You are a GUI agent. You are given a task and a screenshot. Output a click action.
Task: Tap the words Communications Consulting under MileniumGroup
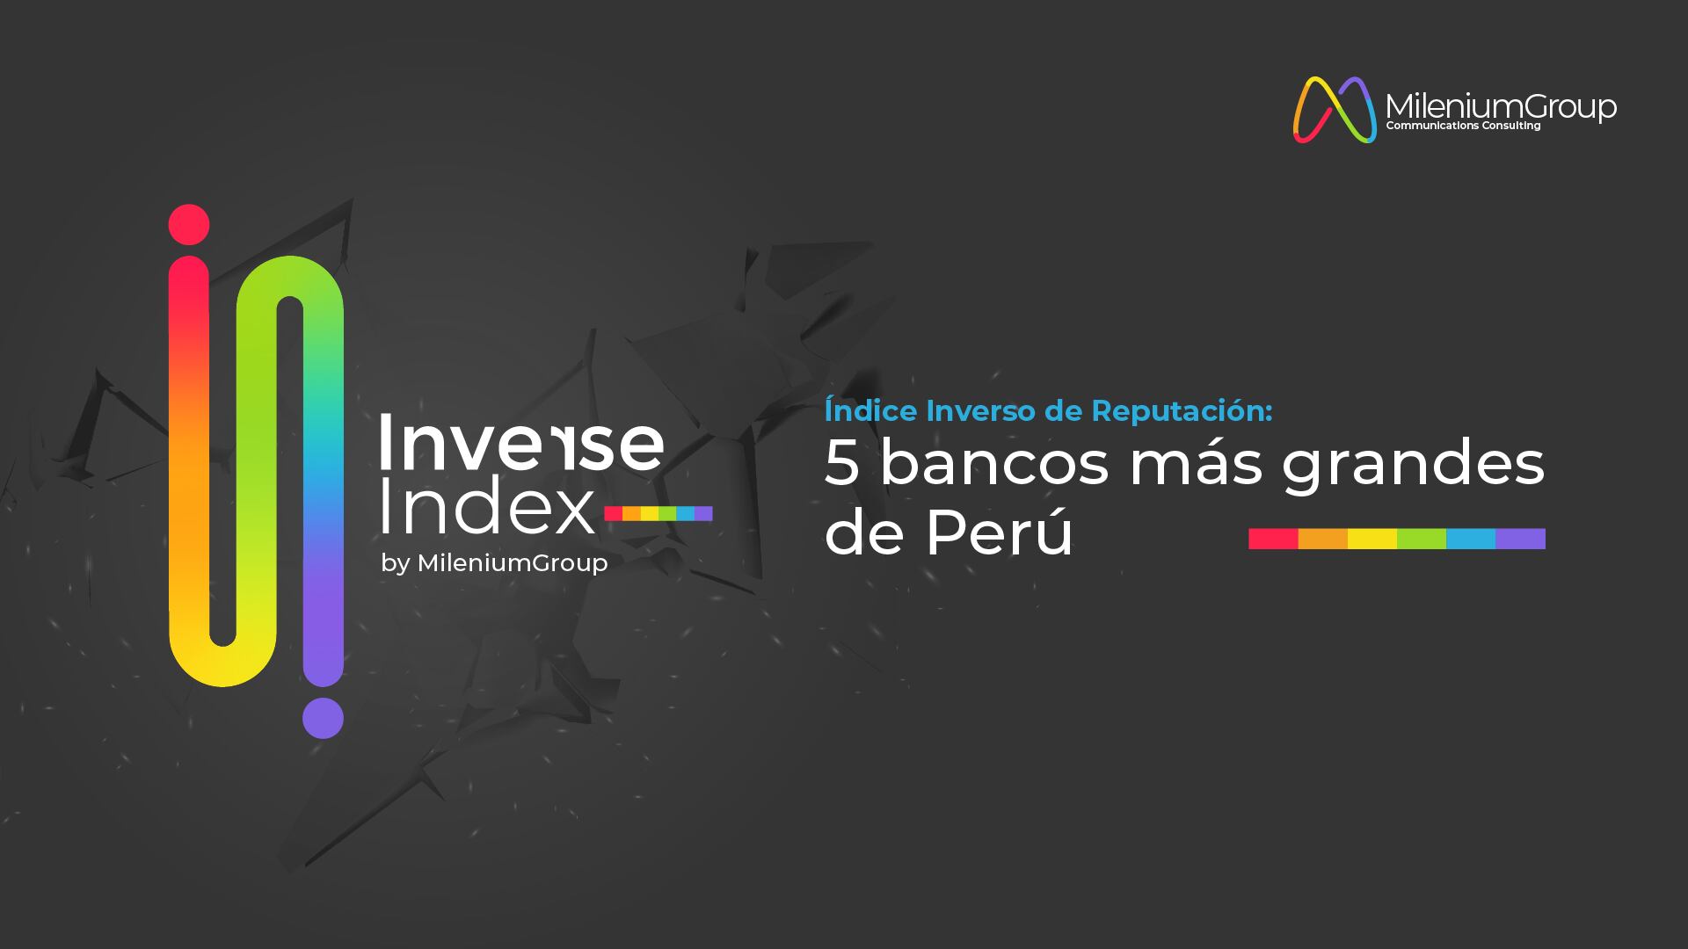[x=1463, y=126]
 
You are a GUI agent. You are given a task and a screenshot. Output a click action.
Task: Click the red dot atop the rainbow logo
[x=189, y=225]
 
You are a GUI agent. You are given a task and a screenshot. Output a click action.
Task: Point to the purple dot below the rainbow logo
[x=323, y=718]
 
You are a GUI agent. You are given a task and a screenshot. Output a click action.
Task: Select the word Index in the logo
[x=487, y=509]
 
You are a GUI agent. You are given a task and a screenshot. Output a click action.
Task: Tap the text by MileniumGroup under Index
[x=494, y=563]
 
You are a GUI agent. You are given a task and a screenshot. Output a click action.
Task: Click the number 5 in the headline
[x=841, y=464]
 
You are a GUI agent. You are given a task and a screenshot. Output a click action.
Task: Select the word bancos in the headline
[x=995, y=463]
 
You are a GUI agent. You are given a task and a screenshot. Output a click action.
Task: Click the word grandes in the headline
[x=1413, y=467]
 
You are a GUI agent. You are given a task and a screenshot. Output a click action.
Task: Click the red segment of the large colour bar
[x=1273, y=539]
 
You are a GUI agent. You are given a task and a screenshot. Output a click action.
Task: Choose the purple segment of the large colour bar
[x=1520, y=539]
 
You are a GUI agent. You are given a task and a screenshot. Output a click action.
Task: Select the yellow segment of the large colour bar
[x=1372, y=539]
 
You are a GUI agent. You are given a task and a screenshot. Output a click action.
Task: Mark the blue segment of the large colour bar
[x=1471, y=539]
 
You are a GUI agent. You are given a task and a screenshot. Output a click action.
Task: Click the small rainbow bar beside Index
[x=658, y=514]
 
